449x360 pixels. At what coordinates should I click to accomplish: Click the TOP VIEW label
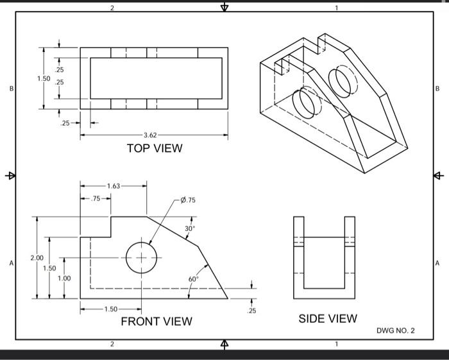[x=154, y=148]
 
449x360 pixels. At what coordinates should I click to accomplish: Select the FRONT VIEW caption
[x=156, y=321]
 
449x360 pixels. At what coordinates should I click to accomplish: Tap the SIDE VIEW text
[x=328, y=318]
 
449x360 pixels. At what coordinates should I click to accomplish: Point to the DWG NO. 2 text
[x=395, y=330]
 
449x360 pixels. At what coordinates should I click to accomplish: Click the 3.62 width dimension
[x=149, y=135]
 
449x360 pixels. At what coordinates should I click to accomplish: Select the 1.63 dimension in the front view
[x=112, y=186]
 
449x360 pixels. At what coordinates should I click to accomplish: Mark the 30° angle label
[x=190, y=228]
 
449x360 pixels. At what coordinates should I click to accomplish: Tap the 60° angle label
[x=194, y=279]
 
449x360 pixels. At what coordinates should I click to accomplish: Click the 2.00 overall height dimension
[x=37, y=257]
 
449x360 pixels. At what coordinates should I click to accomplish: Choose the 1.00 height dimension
[x=64, y=279]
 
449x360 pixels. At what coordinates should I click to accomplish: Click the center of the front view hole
[x=141, y=257]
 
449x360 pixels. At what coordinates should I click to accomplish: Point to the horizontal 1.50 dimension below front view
[x=110, y=310]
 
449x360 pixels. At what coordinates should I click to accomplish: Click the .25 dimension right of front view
[x=251, y=311]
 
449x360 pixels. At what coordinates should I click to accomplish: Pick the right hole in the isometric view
[x=340, y=80]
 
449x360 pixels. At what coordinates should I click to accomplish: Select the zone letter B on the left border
[x=9, y=88]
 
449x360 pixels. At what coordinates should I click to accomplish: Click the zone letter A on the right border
[x=437, y=263]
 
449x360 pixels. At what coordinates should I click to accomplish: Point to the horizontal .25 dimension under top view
[x=65, y=123]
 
